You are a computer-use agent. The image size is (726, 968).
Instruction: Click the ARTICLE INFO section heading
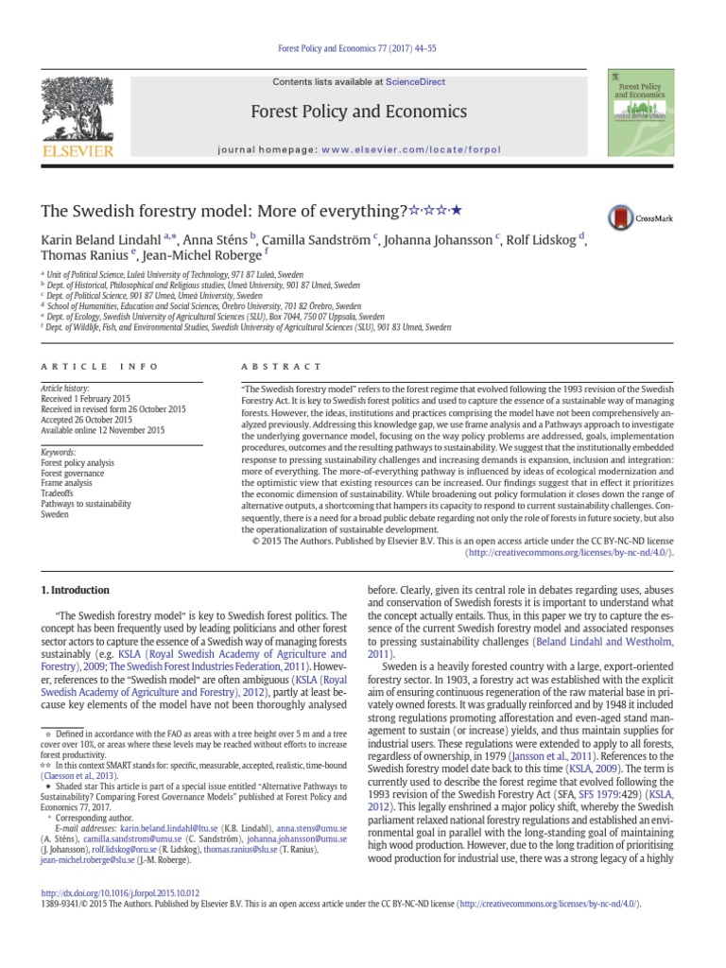pyautogui.click(x=81, y=365)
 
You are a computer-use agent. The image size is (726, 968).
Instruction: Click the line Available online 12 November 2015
pyautogui.click(x=101, y=430)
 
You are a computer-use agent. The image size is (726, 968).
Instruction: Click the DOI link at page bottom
pyautogui.click(x=118, y=891)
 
